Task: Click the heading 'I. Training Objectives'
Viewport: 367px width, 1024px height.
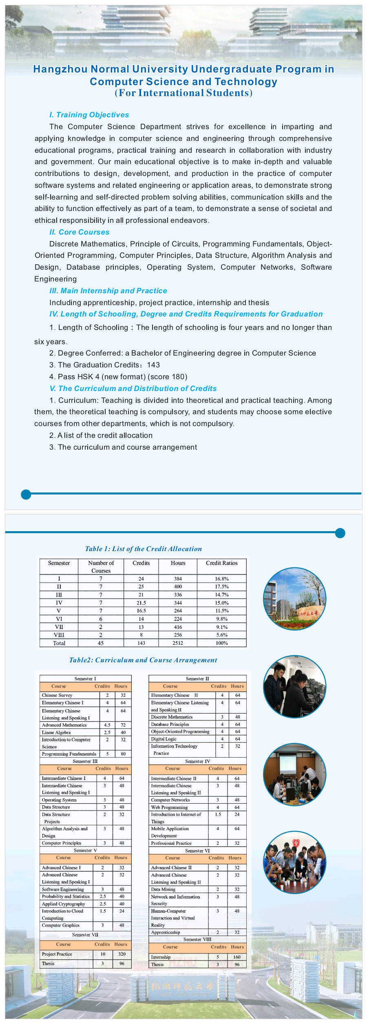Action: pos(89,115)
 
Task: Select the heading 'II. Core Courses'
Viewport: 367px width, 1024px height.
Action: pos(80,232)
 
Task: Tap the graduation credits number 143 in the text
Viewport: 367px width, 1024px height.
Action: pos(153,365)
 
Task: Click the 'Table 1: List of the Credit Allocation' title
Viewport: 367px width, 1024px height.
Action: pos(143,549)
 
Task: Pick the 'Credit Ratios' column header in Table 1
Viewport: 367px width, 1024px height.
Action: pos(221,563)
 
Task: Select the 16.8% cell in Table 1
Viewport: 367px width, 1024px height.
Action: pos(221,579)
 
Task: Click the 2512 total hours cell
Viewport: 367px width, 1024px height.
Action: pos(178,643)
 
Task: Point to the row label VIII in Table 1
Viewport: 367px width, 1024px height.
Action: pos(59,635)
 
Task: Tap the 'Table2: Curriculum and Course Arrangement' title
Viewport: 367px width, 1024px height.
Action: pos(143,660)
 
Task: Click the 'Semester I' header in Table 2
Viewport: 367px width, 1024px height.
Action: pos(85,679)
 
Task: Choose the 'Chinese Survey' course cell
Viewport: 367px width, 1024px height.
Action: pos(57,695)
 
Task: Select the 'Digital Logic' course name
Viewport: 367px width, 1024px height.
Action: pos(164,739)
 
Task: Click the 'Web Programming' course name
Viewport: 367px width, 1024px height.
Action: pos(169,807)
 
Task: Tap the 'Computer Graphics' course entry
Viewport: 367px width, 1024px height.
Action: pos(61,925)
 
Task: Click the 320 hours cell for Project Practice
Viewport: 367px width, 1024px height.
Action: pos(122,954)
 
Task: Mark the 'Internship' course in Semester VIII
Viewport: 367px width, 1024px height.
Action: pos(161,957)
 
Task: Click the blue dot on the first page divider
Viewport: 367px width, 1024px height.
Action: pos(26,494)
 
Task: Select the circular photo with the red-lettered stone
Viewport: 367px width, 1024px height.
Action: pos(294,599)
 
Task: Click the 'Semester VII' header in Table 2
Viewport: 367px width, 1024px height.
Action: pos(85,935)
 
